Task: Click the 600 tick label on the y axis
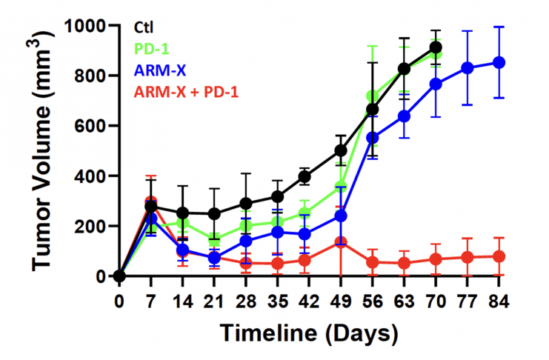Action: pos(91,126)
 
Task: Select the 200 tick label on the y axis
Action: pos(91,226)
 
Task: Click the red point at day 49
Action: pos(341,242)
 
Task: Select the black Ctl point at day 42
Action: pos(304,177)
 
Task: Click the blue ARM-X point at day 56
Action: pos(373,138)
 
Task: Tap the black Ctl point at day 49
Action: pos(341,150)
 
